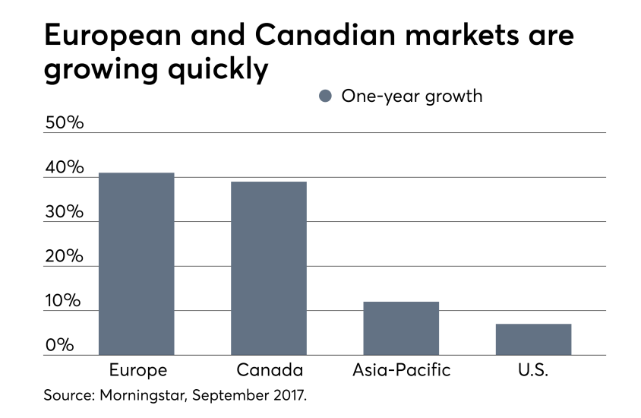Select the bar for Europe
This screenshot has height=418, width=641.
click(136, 264)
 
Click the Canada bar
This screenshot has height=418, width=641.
click(269, 268)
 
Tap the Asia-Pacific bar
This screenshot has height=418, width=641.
click(401, 328)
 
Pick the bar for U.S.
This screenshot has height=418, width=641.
click(533, 339)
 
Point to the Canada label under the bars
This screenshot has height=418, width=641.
click(269, 371)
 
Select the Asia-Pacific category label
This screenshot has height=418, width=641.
click(401, 371)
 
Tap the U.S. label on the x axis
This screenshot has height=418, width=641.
click(533, 371)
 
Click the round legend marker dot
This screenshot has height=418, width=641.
click(326, 97)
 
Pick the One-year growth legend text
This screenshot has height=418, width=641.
click(412, 97)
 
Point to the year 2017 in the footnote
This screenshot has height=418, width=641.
click(290, 396)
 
